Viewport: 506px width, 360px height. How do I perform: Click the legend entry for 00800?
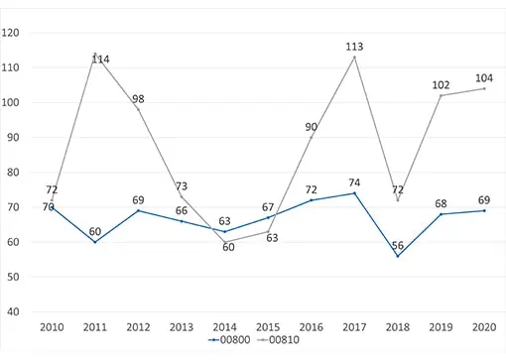pos(229,339)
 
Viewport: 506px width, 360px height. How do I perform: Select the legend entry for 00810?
pos(279,339)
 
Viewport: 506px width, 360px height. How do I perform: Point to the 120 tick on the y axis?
pos(10,33)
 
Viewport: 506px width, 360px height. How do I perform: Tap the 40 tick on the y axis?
pos(13,311)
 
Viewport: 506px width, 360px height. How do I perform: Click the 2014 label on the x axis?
pos(224,327)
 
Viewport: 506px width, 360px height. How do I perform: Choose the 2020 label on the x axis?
pos(484,327)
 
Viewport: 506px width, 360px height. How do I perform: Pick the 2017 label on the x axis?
pos(354,327)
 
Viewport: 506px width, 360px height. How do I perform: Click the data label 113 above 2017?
pos(354,47)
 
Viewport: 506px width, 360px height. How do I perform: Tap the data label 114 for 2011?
pos(100,60)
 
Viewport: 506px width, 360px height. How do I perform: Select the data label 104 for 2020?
pos(484,78)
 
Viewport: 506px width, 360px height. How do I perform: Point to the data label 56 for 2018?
pos(398,245)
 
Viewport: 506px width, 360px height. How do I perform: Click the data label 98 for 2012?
pos(138,99)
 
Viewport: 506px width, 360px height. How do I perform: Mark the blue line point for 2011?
pos(95,242)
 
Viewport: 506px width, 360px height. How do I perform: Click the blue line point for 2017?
pos(355,193)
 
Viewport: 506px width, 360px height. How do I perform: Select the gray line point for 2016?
pos(312,137)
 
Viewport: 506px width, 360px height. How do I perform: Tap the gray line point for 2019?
pos(442,95)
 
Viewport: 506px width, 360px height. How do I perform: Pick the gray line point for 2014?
pos(225,242)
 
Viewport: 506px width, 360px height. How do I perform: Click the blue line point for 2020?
pos(484,210)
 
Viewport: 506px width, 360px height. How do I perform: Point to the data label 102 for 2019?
pos(441,85)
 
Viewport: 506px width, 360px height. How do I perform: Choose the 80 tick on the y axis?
pos(13,173)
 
